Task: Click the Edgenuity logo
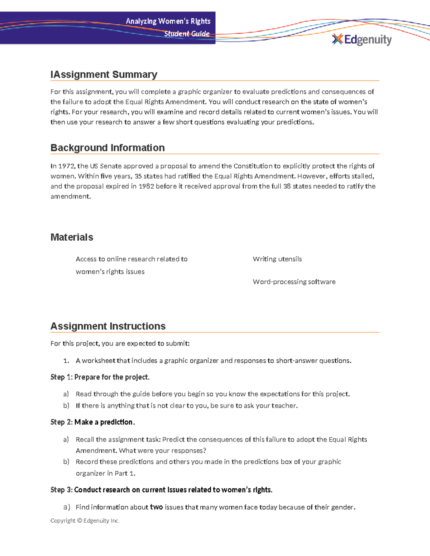point(362,39)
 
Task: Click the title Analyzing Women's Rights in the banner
point(168,21)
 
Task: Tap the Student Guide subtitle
point(187,34)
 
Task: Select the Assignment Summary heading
point(104,74)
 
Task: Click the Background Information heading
point(107,148)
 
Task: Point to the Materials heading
point(72,237)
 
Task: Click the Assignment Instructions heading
point(108,326)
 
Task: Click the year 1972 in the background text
point(66,166)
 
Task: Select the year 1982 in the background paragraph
point(146,186)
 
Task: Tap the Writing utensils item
point(277,259)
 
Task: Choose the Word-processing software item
point(294,282)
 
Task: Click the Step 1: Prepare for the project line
point(100,377)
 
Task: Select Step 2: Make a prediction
point(92,422)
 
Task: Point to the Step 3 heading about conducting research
point(161,490)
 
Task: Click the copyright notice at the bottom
point(85,521)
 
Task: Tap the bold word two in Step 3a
point(156,507)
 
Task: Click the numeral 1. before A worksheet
point(66,361)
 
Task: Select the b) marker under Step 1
point(66,406)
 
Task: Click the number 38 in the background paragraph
point(287,186)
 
